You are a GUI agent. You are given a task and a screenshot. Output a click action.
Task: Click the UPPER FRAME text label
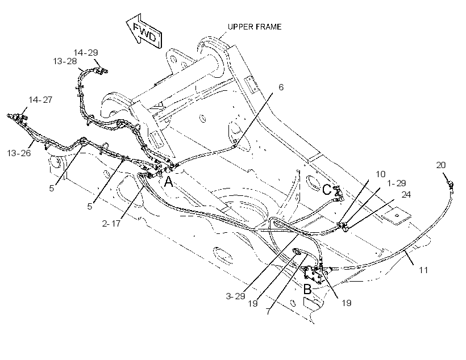(x=255, y=27)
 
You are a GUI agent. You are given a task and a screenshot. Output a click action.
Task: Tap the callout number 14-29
(x=86, y=53)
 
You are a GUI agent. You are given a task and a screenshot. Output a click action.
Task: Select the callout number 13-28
(x=65, y=61)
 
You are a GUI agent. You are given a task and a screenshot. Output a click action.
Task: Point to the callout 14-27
(x=40, y=100)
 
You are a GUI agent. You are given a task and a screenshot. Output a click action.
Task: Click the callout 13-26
(x=19, y=153)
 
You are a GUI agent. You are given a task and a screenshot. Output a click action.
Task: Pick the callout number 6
(x=281, y=87)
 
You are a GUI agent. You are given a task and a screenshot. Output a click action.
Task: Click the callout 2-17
(x=111, y=223)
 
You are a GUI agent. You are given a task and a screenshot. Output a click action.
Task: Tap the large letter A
(x=169, y=182)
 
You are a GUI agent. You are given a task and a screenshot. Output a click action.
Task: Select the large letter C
(x=327, y=190)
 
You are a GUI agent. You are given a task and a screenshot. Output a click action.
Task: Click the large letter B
(x=307, y=289)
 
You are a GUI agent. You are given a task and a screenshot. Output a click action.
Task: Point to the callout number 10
(x=381, y=174)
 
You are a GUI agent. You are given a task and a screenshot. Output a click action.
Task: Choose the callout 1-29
(x=397, y=183)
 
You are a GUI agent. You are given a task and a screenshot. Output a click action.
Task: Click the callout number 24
(x=406, y=195)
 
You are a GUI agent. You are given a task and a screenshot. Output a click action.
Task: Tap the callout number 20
(x=441, y=165)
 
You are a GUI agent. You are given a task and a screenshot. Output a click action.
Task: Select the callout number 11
(x=423, y=270)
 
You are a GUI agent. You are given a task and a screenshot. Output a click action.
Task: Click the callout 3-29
(x=235, y=296)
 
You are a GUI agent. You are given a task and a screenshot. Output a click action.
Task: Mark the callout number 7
(x=268, y=311)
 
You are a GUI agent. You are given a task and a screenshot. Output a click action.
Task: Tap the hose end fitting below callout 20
(x=451, y=186)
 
